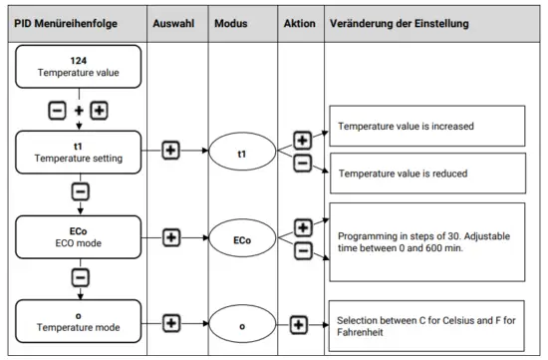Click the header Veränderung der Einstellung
coord(408,22)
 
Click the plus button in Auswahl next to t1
coord(170,152)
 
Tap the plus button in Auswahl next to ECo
coord(170,237)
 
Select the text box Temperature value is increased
coord(426,127)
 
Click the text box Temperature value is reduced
coord(426,174)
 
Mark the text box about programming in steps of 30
coord(426,240)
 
